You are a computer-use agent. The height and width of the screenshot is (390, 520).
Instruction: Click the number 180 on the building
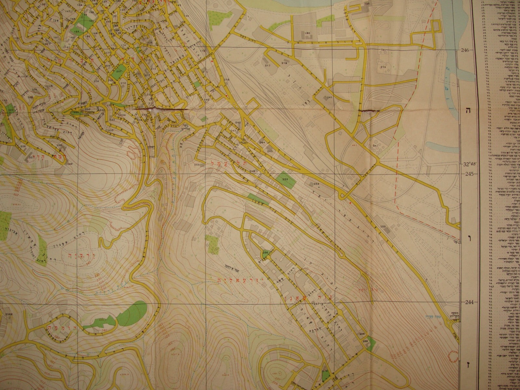(x=307, y=33)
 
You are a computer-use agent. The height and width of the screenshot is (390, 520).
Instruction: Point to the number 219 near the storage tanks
(x=383, y=67)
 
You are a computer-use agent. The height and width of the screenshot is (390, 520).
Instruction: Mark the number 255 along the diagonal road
(x=383, y=227)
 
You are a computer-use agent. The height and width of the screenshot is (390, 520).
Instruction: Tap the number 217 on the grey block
(x=268, y=66)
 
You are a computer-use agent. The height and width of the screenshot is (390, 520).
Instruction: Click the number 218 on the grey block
(x=284, y=63)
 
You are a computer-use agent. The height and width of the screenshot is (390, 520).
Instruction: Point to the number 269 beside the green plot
(x=365, y=341)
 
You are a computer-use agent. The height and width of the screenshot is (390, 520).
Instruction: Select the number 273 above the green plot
(x=324, y=371)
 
